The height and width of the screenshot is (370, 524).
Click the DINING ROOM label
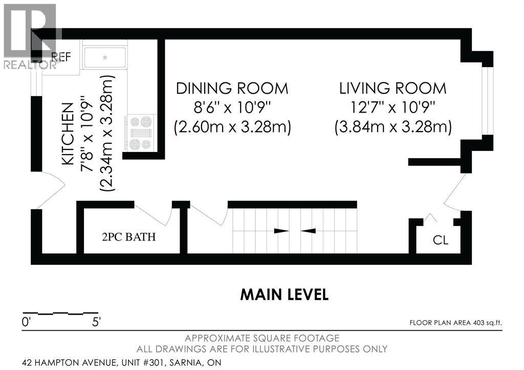point(232,89)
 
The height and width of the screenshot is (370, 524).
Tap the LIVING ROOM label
point(393,89)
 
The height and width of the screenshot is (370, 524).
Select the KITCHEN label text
point(68,134)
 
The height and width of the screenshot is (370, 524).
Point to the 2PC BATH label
point(128,237)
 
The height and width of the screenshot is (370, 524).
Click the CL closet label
point(441,240)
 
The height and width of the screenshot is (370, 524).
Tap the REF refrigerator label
point(61,57)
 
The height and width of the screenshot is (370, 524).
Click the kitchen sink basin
point(105,58)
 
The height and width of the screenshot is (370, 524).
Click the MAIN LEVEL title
point(285,294)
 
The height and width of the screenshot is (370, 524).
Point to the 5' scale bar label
point(96,322)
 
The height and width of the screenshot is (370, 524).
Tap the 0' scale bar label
point(26,322)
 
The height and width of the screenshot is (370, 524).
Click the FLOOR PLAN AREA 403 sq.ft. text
point(455,323)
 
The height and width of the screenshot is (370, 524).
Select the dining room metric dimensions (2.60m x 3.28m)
point(232,127)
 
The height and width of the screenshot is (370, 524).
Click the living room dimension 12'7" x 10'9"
point(393,107)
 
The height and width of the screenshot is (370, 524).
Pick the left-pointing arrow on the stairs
point(308,231)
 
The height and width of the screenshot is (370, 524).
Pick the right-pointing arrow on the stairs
point(282,231)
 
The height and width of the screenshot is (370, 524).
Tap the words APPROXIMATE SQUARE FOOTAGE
point(262,338)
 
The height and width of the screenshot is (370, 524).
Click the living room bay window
point(487,101)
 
